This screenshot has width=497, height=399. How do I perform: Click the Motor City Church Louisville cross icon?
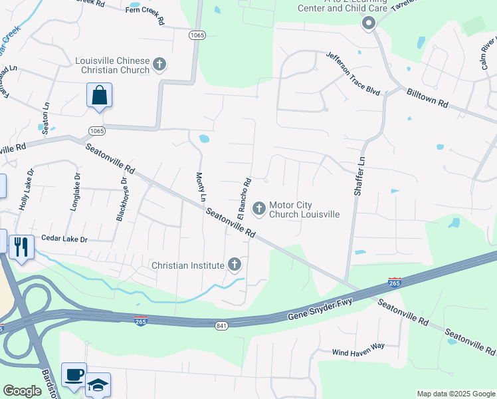tap(258, 209)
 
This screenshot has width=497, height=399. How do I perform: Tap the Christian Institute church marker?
tap(234, 265)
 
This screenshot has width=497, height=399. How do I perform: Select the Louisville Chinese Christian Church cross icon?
tap(159, 65)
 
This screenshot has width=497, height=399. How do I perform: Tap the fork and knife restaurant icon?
tap(21, 247)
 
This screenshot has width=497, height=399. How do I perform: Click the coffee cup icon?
tap(73, 374)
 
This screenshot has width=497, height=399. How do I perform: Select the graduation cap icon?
tap(98, 384)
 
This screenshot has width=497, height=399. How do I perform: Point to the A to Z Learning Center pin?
tap(368, 24)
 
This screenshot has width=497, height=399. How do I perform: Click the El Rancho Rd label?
tap(244, 198)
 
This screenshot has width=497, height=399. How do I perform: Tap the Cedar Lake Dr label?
tap(64, 237)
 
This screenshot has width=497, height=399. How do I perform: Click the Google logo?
tap(22, 391)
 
